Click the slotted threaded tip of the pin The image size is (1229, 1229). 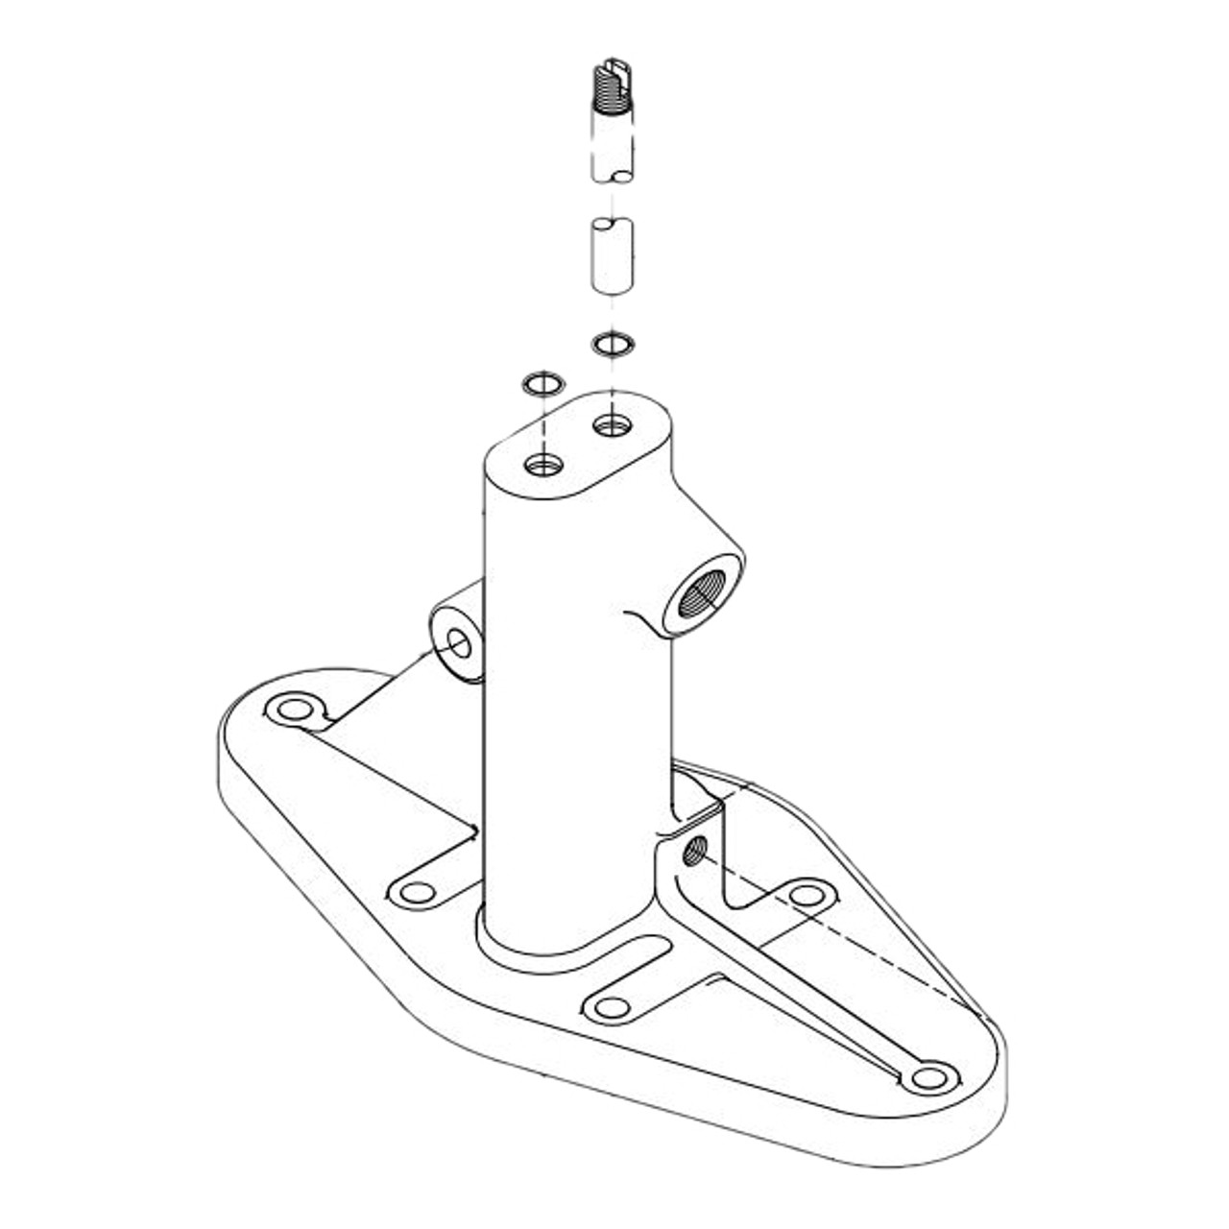[x=610, y=86]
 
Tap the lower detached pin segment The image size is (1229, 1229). [x=611, y=254]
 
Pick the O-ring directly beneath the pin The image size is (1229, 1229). [x=612, y=343]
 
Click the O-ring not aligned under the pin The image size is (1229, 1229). [x=543, y=385]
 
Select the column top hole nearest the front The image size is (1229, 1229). [x=543, y=466]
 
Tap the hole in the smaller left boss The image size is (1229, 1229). [x=460, y=644]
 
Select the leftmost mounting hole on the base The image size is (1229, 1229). [x=290, y=711]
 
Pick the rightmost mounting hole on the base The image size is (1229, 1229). [x=928, y=1077]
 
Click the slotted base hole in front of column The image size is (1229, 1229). [x=611, y=1007]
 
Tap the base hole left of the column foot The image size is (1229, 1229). [x=417, y=892]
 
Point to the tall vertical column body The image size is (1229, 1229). [x=576, y=720]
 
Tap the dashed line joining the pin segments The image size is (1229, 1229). [x=612, y=200]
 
